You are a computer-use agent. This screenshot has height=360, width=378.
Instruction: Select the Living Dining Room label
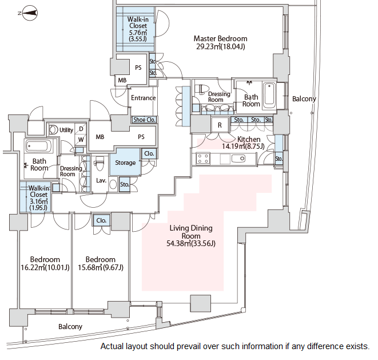click(191, 236)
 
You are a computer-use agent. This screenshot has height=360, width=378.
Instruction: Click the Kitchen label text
click(249, 139)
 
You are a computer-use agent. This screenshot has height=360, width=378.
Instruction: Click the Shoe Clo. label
click(144, 120)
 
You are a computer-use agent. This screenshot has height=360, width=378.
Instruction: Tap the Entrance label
click(143, 98)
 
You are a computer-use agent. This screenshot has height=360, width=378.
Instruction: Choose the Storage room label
click(125, 163)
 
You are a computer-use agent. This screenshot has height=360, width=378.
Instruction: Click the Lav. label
click(101, 181)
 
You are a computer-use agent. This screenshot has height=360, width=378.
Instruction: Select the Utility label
click(66, 130)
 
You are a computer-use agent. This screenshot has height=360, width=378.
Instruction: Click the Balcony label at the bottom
click(70, 327)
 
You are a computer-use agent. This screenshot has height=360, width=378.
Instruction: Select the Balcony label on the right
click(304, 99)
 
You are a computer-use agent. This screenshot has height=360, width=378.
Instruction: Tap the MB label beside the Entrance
click(122, 80)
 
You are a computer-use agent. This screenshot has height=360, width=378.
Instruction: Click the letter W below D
click(81, 139)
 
